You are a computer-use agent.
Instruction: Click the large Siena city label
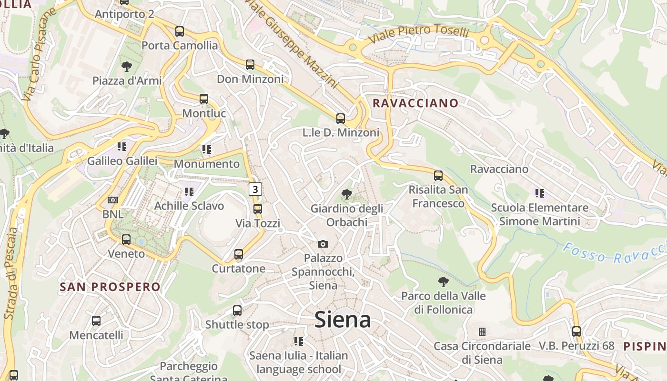pyautogui.click(x=343, y=320)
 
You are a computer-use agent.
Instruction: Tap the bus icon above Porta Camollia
pyautogui.click(x=180, y=31)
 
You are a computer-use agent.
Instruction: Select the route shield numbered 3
pyautogui.click(x=255, y=189)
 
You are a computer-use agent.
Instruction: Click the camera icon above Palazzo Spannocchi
pyautogui.click(x=323, y=244)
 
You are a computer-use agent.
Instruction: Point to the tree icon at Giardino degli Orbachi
pyautogui.click(x=347, y=194)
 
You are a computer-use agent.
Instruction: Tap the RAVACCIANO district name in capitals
pyautogui.click(x=415, y=103)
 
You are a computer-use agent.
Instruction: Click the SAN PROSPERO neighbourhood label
pyautogui.click(x=110, y=287)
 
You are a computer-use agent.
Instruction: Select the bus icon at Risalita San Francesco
pyautogui.click(x=438, y=176)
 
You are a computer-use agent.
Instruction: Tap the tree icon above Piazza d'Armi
pyautogui.click(x=127, y=66)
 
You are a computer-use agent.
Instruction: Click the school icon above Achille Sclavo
pyautogui.click(x=189, y=192)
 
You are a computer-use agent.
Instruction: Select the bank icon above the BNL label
pyautogui.click(x=113, y=200)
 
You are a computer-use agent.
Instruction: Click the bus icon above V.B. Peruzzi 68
pyautogui.click(x=576, y=331)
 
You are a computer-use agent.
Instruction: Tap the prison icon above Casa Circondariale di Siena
pyautogui.click(x=482, y=331)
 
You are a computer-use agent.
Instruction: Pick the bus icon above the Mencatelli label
pyautogui.click(x=96, y=321)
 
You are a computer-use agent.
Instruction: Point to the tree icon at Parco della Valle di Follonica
pyautogui.click(x=444, y=281)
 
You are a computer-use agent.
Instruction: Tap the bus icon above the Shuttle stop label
pyautogui.click(x=237, y=311)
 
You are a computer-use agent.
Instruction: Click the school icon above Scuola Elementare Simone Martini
pyautogui.click(x=539, y=193)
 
